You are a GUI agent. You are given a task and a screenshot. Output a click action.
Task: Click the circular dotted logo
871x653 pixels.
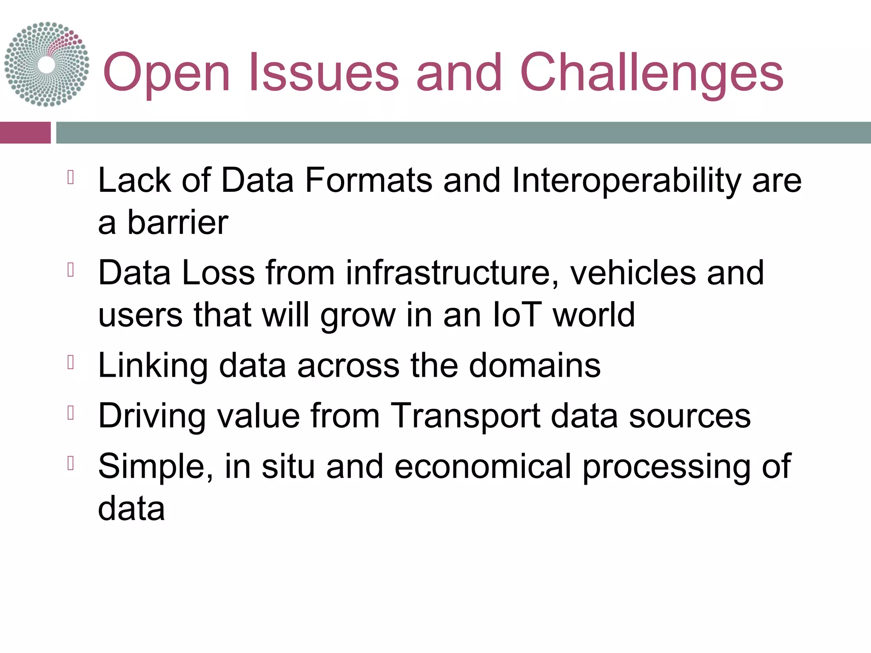click(47, 64)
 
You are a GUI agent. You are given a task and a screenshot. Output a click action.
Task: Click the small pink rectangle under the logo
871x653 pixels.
click(25, 133)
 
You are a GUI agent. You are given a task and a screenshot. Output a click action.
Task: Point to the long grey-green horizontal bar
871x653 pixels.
click(463, 133)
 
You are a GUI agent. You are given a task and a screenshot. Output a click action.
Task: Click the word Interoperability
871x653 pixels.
click(627, 181)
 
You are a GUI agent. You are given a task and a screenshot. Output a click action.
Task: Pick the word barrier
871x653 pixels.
click(178, 223)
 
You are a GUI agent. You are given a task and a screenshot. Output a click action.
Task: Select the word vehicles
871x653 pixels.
click(633, 273)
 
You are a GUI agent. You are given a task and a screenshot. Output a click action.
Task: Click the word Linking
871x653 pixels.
click(153, 366)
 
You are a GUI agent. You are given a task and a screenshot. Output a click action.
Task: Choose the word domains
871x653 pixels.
click(535, 366)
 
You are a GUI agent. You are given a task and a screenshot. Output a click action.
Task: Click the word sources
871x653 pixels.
click(689, 416)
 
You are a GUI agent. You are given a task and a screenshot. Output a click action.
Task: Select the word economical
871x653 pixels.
click(483, 467)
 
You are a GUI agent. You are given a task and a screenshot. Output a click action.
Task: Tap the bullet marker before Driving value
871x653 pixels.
click(71, 413)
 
